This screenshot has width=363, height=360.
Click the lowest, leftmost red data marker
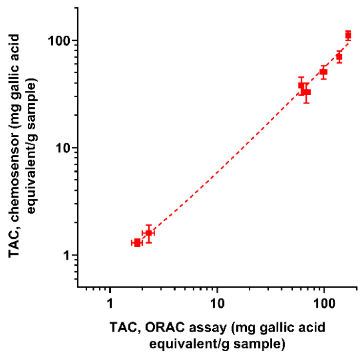[x=137, y=243]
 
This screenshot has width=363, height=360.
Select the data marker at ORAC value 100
[x=323, y=72]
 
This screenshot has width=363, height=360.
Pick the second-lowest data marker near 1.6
[x=148, y=233]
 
